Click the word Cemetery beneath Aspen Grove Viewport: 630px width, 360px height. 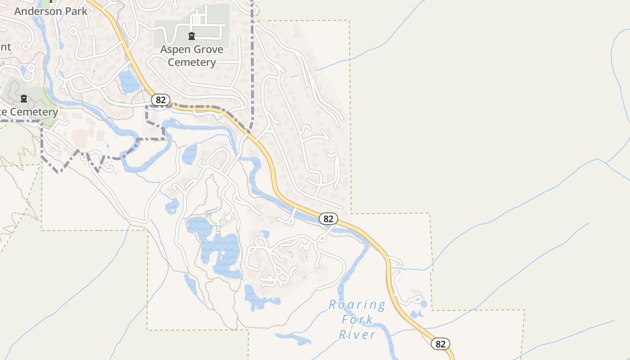click(x=192, y=62)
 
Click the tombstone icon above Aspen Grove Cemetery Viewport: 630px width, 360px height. click(x=192, y=36)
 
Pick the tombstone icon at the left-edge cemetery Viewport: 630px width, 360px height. click(x=24, y=98)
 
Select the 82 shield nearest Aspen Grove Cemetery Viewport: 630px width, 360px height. click(x=160, y=99)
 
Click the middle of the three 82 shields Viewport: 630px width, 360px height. click(x=328, y=219)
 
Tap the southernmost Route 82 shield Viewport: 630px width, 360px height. click(x=441, y=344)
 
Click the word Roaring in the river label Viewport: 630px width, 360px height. click(x=357, y=305)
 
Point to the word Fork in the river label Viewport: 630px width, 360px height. click(x=357, y=320)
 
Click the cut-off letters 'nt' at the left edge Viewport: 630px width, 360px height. click(x=5, y=47)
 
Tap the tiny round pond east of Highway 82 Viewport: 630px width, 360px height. click(x=424, y=304)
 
